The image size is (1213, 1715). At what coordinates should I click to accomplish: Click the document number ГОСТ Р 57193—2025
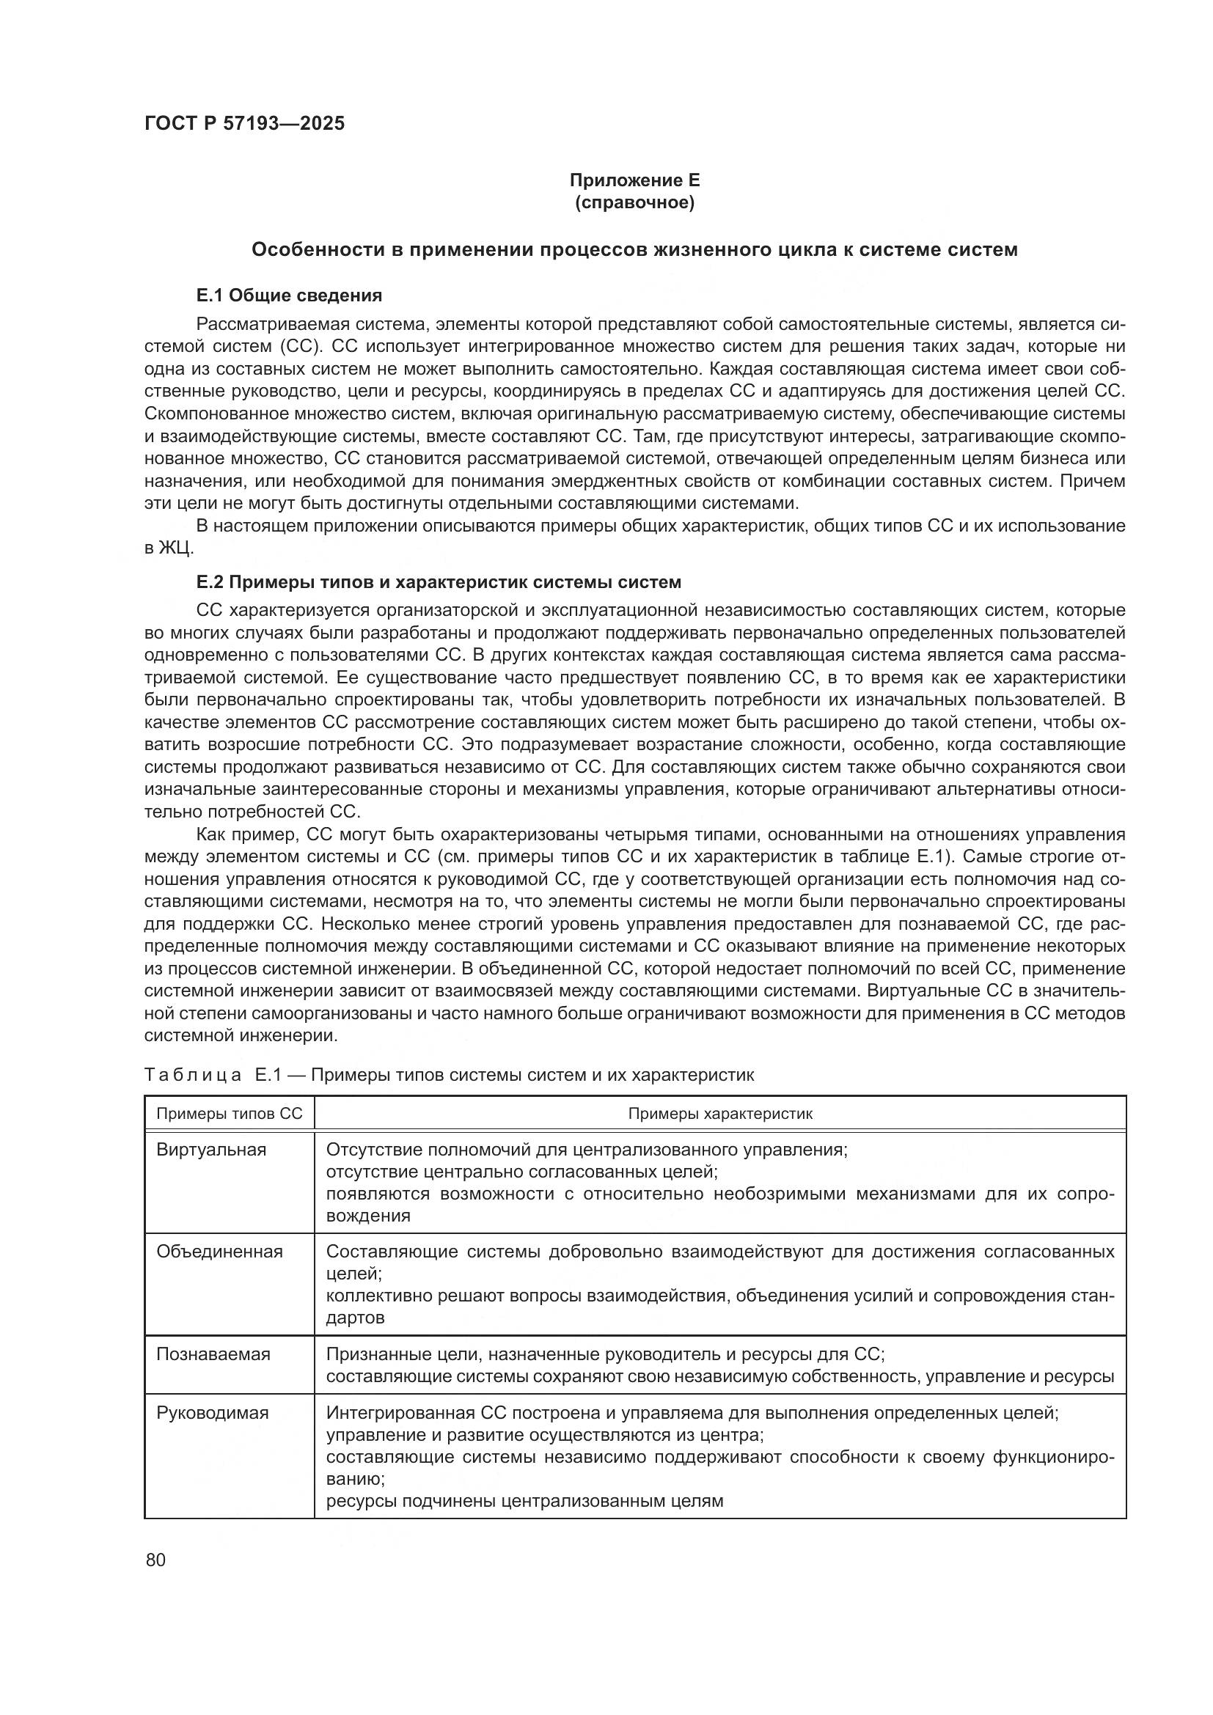click(244, 124)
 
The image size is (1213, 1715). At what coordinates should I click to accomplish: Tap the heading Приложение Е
click(634, 180)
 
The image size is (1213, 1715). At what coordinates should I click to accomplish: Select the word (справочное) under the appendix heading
click(634, 203)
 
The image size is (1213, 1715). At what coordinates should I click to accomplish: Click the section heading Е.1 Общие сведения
click(289, 295)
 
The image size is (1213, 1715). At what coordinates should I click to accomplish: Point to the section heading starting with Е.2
click(439, 582)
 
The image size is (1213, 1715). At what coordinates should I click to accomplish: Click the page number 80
click(156, 1560)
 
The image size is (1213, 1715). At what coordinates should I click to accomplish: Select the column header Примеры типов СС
click(230, 1114)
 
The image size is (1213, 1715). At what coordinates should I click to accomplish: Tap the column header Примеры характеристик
click(719, 1114)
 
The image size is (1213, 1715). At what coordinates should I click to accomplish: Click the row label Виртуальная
click(211, 1150)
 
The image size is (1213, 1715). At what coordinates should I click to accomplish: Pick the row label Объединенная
click(219, 1252)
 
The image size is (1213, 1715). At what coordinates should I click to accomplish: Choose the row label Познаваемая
click(213, 1354)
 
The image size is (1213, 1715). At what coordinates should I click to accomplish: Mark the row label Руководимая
click(212, 1413)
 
